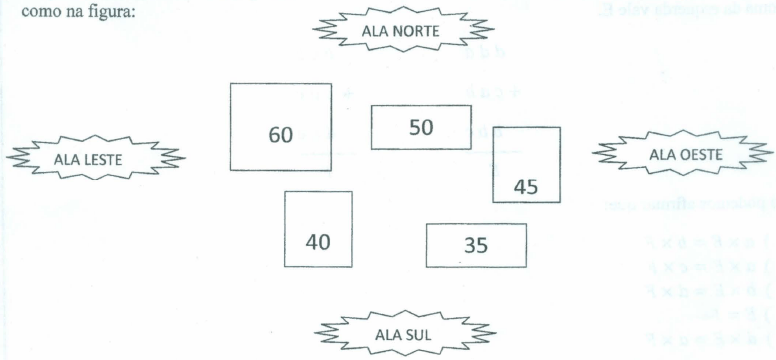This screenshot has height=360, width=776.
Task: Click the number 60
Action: [281, 134]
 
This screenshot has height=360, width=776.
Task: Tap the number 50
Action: [421, 127]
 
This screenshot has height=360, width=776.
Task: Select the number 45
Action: [526, 186]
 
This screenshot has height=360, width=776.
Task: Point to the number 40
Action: [317, 242]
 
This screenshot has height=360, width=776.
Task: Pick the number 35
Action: [476, 245]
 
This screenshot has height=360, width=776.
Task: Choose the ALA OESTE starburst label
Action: [685, 154]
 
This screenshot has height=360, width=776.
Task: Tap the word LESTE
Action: [111, 158]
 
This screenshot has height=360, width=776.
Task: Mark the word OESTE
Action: [700, 154]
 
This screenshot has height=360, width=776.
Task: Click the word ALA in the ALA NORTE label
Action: [373, 31]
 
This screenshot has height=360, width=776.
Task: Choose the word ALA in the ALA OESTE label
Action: [662, 154]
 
